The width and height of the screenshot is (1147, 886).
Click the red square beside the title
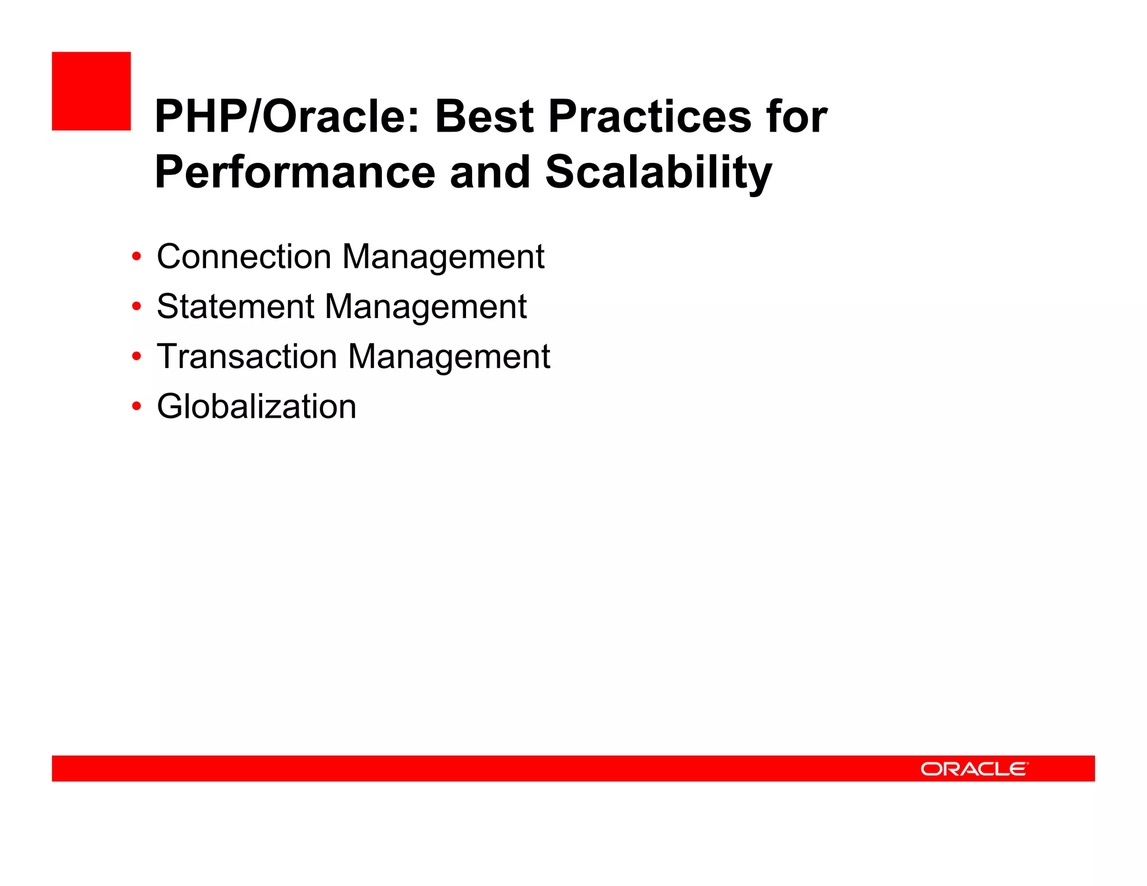point(91,91)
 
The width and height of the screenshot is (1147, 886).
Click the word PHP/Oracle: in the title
point(286,116)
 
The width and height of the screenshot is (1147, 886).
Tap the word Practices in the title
point(650,116)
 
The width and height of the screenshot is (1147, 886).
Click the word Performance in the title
point(295,172)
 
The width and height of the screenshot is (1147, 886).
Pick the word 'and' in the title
point(489,172)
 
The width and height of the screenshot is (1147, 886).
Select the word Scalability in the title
point(659,172)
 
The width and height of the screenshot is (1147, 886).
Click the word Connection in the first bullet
point(244,257)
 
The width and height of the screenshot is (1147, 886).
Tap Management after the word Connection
point(443,257)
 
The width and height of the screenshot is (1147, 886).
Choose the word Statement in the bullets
point(235,306)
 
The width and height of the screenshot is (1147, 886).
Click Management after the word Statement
point(426,306)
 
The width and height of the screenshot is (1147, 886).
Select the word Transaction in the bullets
point(247,356)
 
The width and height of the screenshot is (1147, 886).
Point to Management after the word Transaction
point(449,356)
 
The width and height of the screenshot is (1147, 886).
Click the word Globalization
point(257,406)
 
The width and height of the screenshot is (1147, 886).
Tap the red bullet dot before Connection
point(136,257)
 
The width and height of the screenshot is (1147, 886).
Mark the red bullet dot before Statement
point(136,307)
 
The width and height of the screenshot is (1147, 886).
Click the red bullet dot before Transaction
point(136,357)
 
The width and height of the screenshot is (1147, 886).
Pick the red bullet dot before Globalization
point(136,407)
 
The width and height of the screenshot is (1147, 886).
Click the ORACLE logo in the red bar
point(974,769)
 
